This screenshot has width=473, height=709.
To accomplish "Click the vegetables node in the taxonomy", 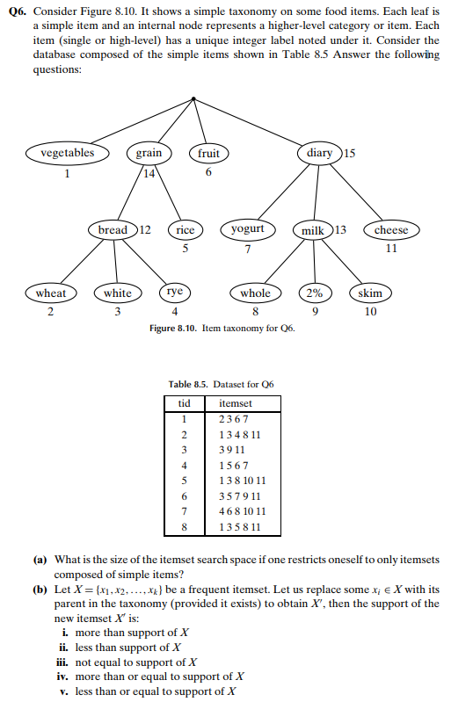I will click(67, 153).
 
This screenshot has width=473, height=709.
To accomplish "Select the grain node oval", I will click(149, 153).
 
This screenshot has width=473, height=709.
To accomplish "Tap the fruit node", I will click(208, 154).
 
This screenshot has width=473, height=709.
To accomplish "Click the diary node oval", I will click(319, 153).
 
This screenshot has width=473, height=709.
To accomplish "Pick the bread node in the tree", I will click(113, 230).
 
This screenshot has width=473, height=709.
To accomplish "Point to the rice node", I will click(185, 230).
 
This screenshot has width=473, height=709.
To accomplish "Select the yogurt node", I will click(247, 229).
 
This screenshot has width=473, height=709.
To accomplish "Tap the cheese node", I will click(391, 230).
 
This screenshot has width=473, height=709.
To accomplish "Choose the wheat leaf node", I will click(50, 293).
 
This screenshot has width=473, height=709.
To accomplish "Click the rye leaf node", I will click(175, 293).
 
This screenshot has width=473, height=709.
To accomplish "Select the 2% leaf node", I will click(314, 293).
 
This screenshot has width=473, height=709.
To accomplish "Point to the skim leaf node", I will click(370, 293).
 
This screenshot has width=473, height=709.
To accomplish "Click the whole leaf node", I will click(255, 293).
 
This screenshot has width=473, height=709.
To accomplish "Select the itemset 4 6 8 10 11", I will click(242, 510).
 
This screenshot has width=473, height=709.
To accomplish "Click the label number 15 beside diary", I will click(350, 153).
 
